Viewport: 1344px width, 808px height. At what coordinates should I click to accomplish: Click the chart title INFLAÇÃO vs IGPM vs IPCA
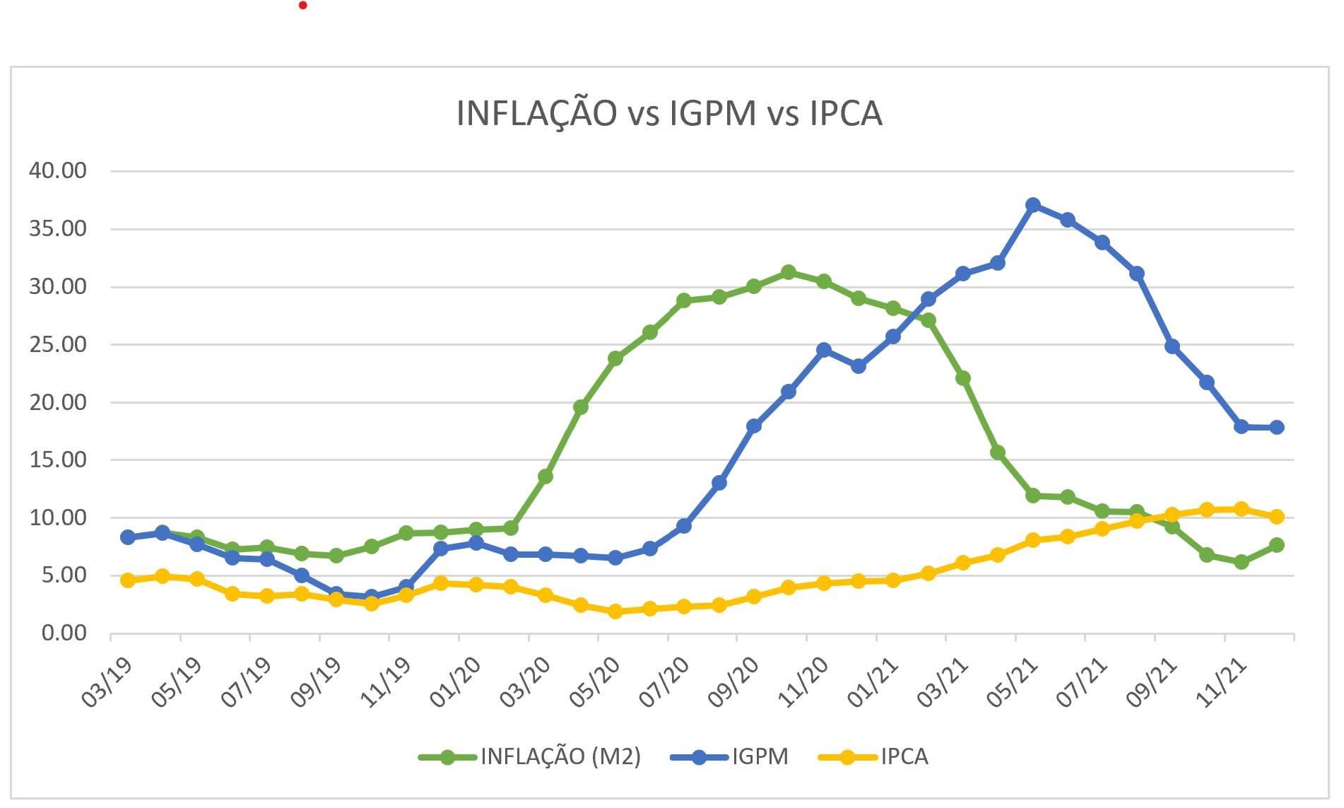tap(669, 113)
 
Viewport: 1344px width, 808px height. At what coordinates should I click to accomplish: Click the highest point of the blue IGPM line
tap(1032, 205)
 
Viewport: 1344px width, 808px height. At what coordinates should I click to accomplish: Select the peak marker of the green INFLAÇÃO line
tap(789, 272)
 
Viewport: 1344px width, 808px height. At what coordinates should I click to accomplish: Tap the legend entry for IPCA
tap(903, 757)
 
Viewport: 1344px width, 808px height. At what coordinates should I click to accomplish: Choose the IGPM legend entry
tap(759, 757)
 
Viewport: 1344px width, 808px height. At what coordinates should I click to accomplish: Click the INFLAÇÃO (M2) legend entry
tap(560, 757)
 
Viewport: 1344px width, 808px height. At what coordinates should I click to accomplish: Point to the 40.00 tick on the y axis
tap(57, 170)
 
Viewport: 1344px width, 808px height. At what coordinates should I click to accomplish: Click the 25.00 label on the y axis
tap(57, 344)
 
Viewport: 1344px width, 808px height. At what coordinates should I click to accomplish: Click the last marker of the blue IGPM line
tap(1276, 427)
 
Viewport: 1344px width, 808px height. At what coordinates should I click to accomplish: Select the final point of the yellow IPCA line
tap(1276, 517)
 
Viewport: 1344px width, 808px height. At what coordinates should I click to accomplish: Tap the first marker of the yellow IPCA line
tap(128, 580)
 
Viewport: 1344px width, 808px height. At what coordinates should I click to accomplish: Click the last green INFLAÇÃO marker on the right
tap(1276, 545)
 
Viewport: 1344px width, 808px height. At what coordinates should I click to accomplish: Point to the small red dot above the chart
tap(303, 6)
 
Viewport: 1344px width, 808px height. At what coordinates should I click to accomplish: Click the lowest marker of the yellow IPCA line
tap(615, 611)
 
